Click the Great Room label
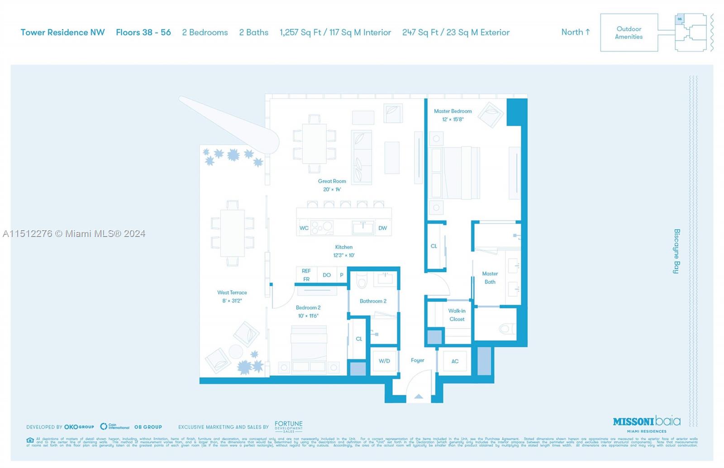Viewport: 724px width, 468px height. [x=332, y=181]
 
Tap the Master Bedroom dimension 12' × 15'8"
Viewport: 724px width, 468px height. [x=452, y=119]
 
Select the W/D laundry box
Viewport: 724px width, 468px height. [x=384, y=361]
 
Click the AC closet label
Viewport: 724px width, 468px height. [x=455, y=361]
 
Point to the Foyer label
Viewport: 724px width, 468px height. [x=417, y=360]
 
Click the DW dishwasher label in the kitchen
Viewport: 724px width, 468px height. [x=382, y=228]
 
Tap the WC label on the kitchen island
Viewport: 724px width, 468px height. [x=304, y=228]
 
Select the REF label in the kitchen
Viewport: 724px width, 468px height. [x=306, y=271]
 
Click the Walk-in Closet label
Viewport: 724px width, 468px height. [x=457, y=315]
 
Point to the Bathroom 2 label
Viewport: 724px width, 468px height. [x=373, y=301]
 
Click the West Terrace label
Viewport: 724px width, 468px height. [x=232, y=293]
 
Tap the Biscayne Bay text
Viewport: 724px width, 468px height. [x=676, y=251]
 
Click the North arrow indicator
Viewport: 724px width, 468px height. [x=576, y=32]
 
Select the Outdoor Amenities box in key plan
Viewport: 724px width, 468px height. [x=629, y=33]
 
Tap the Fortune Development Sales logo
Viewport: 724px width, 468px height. [x=288, y=426]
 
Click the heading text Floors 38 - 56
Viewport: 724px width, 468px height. [x=143, y=33]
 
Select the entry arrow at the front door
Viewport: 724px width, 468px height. [x=419, y=397]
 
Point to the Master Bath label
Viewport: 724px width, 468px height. [x=490, y=278]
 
